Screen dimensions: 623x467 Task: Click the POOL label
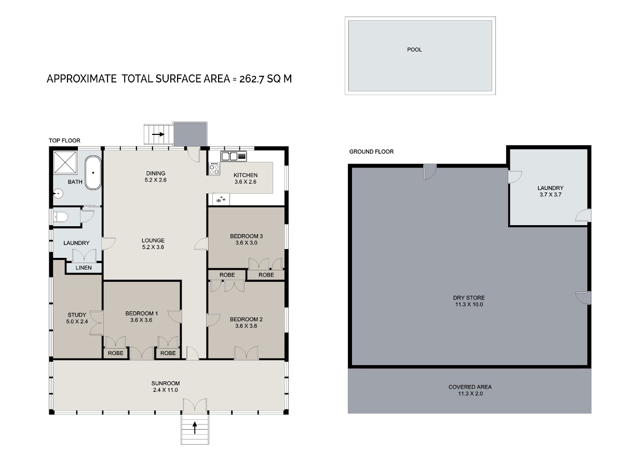[414, 50]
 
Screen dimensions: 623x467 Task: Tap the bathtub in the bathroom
[93, 173]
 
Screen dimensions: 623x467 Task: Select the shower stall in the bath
[65, 162]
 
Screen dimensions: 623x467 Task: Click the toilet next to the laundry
[60, 217]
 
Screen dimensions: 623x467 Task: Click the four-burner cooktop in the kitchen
[214, 169]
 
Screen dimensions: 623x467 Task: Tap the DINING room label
[156, 173]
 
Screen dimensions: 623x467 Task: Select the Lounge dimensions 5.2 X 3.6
[153, 247]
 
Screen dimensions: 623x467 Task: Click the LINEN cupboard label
[84, 268]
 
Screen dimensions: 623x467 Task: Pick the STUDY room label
[77, 315]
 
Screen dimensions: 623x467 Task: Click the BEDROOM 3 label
[247, 236]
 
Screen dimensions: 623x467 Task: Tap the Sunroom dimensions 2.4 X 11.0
[166, 390]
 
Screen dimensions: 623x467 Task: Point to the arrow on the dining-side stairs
[158, 134]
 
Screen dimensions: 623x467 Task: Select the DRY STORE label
[469, 298]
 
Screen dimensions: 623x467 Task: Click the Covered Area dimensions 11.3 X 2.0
[470, 393]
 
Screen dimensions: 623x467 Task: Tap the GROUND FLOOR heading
[371, 152]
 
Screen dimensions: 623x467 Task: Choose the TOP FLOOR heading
[64, 141]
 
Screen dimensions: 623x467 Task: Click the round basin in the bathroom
[58, 194]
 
